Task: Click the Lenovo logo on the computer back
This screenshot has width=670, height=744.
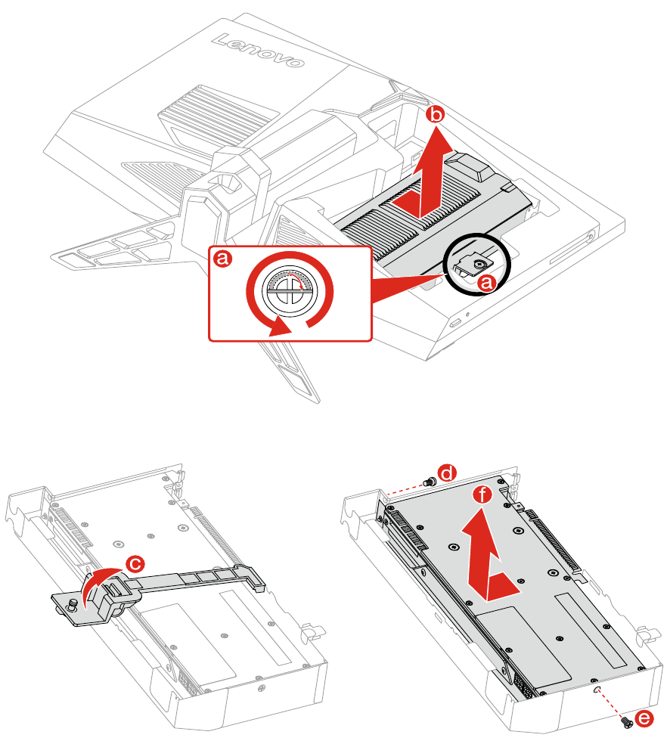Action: (x=258, y=50)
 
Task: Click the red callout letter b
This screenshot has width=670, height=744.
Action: (x=435, y=115)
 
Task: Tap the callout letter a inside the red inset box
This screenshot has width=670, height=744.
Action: (x=222, y=259)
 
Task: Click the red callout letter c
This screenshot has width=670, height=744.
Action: (x=135, y=564)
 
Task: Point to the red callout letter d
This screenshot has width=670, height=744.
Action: (x=446, y=473)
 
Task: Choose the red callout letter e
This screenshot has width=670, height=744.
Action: (x=644, y=718)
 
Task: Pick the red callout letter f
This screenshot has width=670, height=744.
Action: (x=482, y=495)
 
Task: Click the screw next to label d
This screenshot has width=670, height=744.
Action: (x=429, y=482)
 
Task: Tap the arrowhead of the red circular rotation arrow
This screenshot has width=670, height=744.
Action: (x=280, y=327)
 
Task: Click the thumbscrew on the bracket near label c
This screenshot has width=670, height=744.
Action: (x=73, y=606)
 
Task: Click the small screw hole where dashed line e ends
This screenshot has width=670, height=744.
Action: (x=597, y=689)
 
